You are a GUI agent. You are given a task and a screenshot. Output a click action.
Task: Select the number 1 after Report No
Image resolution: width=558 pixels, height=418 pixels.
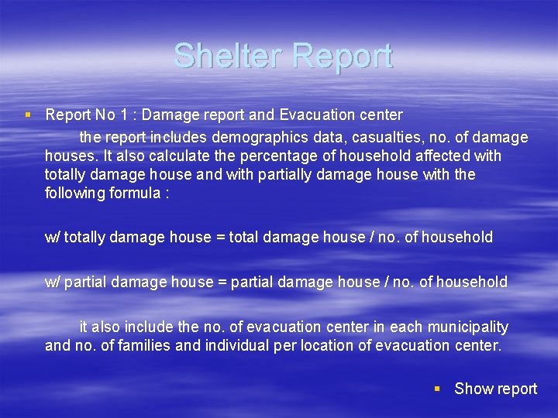point(123,115)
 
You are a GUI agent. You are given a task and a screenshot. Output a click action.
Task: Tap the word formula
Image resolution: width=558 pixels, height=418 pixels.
point(134,194)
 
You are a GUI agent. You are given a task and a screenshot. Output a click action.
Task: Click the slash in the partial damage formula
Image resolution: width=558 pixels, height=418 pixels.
point(381,282)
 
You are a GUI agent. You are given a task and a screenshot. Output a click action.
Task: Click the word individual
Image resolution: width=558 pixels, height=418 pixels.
point(237,345)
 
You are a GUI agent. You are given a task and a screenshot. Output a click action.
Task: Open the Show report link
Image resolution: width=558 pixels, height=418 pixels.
point(495,389)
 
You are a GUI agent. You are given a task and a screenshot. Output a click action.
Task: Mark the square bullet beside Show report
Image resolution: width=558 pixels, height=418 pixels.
point(438,389)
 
